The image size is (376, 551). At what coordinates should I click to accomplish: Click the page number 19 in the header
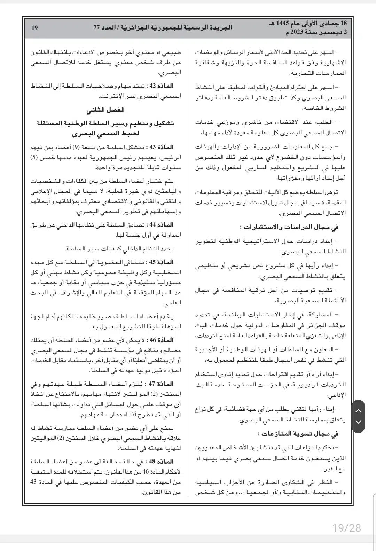34,27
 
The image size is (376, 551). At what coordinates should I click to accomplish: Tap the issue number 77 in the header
96,27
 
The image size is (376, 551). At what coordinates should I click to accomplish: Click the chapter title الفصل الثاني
105,110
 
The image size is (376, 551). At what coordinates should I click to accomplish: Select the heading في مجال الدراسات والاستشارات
289,227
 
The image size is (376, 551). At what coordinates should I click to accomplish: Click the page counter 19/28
346,528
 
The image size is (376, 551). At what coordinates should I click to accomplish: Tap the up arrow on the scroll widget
358,410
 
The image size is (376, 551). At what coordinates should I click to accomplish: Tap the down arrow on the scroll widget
358,422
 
